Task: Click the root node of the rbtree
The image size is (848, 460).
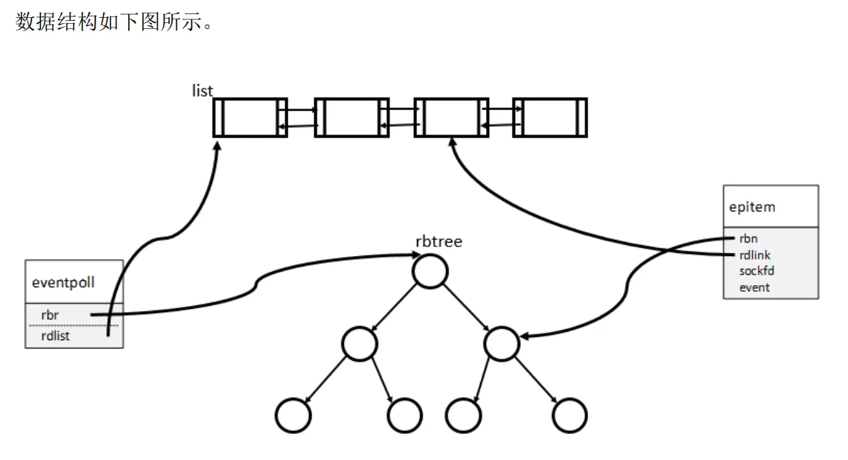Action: [430, 271]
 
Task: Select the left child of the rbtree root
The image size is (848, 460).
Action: [360, 343]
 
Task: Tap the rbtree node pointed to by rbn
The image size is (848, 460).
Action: [501, 343]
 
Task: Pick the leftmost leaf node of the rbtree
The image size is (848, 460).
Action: [292, 415]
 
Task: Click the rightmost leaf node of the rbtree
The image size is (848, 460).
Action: [570, 415]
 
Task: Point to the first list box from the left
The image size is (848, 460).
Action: [250, 118]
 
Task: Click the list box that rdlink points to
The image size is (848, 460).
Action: [450, 118]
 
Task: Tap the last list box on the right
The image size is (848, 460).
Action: [549, 118]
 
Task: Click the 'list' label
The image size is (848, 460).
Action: [202, 91]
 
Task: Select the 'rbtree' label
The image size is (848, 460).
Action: [439, 241]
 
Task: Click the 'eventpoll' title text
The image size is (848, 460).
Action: [63, 282]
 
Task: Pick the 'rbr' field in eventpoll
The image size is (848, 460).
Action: [50, 315]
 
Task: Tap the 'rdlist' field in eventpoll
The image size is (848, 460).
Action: [57, 336]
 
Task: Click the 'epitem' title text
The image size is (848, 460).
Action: [752, 207]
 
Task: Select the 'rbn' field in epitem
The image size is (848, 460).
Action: [747, 239]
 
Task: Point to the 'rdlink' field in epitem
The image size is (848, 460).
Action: [754, 255]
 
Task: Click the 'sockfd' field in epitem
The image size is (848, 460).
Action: [756, 271]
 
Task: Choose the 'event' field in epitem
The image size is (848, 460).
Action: [754, 287]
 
